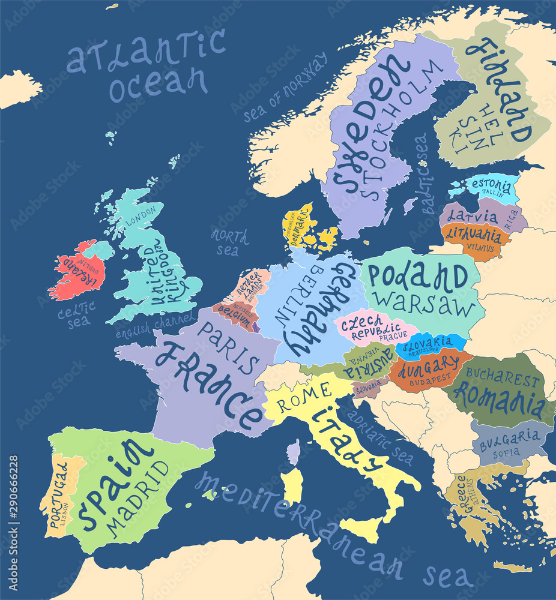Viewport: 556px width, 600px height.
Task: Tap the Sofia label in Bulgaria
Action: click(506, 454)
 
